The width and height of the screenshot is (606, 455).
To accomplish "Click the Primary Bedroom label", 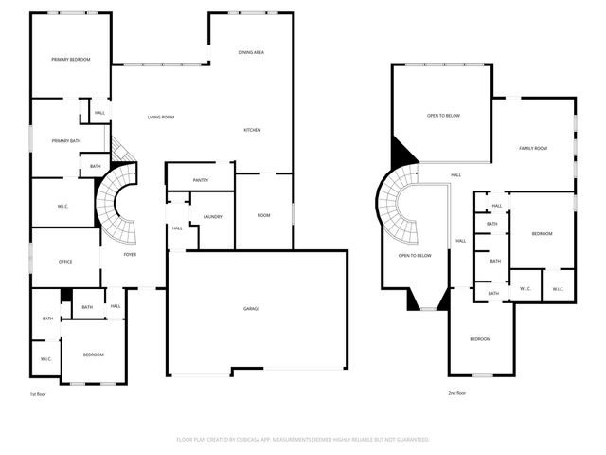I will [x=71, y=60].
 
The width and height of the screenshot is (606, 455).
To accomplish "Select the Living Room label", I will [x=160, y=118].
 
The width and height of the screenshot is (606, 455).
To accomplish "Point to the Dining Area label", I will [x=251, y=52].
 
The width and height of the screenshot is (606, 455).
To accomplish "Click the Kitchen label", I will [x=252, y=130].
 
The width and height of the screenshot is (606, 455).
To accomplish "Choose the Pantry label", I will [x=200, y=180].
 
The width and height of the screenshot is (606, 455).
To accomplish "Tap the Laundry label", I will [x=212, y=217].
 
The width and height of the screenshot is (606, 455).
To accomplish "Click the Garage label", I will [x=251, y=309].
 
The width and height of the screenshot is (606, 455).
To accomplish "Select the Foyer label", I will [x=131, y=254].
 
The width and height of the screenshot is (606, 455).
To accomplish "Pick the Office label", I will [x=65, y=262].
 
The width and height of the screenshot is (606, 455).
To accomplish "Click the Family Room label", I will [x=533, y=149].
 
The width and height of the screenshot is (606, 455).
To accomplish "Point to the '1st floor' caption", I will [x=38, y=393].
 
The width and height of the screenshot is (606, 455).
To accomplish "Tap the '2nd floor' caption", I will [x=457, y=393].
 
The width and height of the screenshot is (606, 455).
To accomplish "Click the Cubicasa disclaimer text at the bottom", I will [x=303, y=440].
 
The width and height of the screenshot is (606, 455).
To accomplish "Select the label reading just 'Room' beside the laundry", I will [x=264, y=216].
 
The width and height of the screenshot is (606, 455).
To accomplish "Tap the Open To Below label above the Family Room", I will [x=443, y=116].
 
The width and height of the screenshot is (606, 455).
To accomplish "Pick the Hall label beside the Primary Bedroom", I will [x=99, y=113].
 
